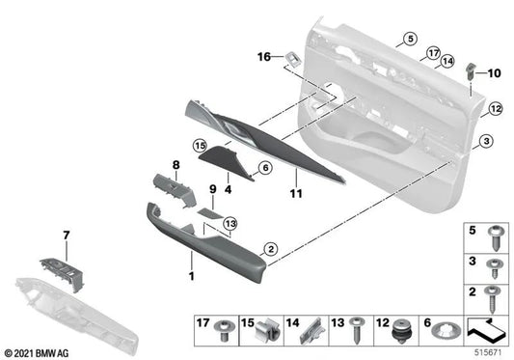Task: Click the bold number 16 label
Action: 264,58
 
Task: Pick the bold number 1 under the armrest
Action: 191,277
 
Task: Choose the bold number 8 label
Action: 176,165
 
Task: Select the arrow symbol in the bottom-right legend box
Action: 487,331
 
